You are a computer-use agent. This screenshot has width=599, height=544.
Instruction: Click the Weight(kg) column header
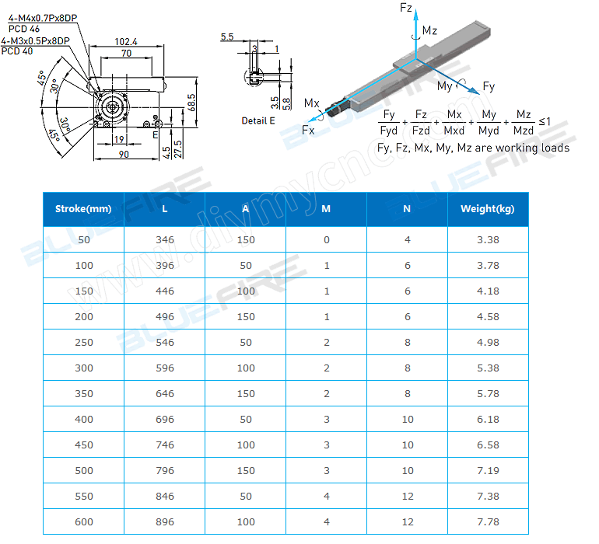(x=488, y=208)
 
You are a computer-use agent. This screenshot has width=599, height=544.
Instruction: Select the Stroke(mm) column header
(x=83, y=208)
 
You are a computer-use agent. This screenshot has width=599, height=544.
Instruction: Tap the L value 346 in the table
(x=165, y=239)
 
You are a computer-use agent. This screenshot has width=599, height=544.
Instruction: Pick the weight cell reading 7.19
(x=488, y=470)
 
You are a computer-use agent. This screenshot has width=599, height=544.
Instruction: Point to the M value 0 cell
(x=327, y=239)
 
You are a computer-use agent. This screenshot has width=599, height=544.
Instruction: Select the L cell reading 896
(x=165, y=521)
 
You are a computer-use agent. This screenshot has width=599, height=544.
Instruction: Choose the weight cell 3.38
(x=488, y=239)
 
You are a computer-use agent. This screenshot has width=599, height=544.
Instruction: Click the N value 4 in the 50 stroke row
(x=408, y=239)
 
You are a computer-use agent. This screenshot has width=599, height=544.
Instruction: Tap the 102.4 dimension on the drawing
(x=126, y=42)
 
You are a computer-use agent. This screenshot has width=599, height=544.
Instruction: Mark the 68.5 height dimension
(x=191, y=101)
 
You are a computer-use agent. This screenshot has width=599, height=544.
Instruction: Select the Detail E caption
(x=258, y=120)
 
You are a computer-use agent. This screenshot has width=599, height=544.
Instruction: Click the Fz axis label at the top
(x=405, y=8)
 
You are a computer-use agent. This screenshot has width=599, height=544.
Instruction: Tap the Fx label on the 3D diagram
(x=308, y=131)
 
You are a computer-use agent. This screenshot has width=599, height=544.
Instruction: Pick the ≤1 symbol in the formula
(x=545, y=122)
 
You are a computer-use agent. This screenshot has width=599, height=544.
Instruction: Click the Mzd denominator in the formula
(x=524, y=130)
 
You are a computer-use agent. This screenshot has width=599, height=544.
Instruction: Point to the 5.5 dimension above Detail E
(x=227, y=37)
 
